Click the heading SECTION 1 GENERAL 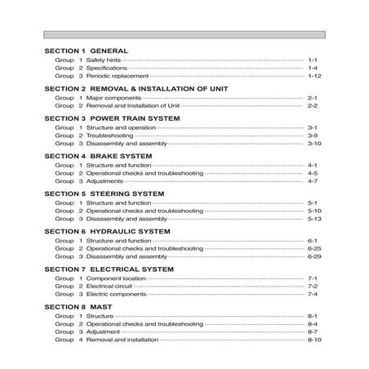pyautogui.click(x=84, y=51)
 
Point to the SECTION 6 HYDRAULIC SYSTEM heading pyautogui.click(x=107, y=231)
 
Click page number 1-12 pyautogui.click(x=315, y=76)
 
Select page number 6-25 pyautogui.click(x=315, y=248)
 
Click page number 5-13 pyautogui.click(x=315, y=220)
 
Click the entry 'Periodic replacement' pyautogui.click(x=115, y=76)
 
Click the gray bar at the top pyautogui.click(x=184, y=35)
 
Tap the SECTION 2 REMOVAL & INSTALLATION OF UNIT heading pyautogui.click(x=136, y=88)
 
